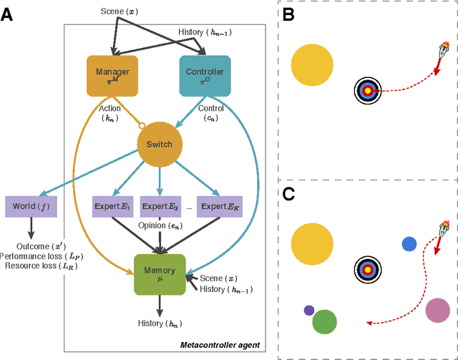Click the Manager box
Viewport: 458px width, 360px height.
pos(112,75)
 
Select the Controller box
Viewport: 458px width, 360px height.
pos(205,75)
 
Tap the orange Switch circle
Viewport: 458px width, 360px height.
pos(159,144)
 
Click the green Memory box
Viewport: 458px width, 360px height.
pos(160,273)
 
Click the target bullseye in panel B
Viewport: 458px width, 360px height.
pos(368,91)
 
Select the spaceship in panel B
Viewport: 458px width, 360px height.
pos(443,52)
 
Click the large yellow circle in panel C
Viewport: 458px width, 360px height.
pos(312,243)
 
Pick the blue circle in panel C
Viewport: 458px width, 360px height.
pos(409,244)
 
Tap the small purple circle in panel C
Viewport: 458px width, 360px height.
pos(309,310)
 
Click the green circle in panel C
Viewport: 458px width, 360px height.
pos(325,321)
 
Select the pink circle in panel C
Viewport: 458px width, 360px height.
pos(437,310)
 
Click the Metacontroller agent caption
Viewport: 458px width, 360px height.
pos(219,346)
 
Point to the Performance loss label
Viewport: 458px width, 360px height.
pos(36,256)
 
